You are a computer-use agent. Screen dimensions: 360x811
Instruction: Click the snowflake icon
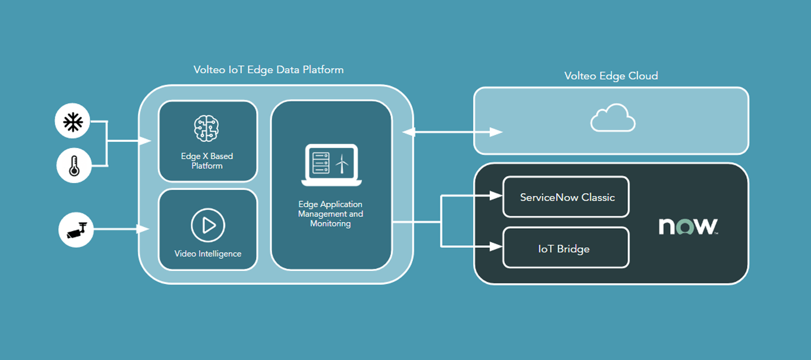(73, 123)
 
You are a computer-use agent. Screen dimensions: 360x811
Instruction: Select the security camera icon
(77, 229)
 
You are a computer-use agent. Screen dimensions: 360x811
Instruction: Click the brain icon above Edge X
(207, 128)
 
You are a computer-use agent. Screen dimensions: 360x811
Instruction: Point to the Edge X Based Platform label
(207, 161)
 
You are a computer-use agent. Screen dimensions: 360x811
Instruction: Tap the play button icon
(207, 225)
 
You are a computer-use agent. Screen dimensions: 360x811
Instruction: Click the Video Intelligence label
(207, 254)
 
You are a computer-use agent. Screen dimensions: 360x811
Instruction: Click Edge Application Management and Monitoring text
(330, 214)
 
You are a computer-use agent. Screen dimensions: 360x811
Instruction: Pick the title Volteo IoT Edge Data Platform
(269, 70)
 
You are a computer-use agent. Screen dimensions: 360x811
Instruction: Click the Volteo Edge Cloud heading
(611, 76)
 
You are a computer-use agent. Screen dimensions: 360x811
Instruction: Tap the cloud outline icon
(613, 118)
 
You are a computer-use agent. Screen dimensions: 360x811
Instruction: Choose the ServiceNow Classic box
(566, 197)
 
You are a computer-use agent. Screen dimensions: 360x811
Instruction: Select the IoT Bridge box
(566, 248)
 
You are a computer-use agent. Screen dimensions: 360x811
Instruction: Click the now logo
(689, 226)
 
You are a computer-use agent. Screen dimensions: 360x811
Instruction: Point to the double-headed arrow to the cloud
(452, 132)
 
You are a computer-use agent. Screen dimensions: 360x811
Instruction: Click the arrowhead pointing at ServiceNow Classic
(497, 195)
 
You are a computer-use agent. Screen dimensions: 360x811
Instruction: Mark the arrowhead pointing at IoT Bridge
(497, 245)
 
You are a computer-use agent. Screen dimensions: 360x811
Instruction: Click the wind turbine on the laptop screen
(342, 163)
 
